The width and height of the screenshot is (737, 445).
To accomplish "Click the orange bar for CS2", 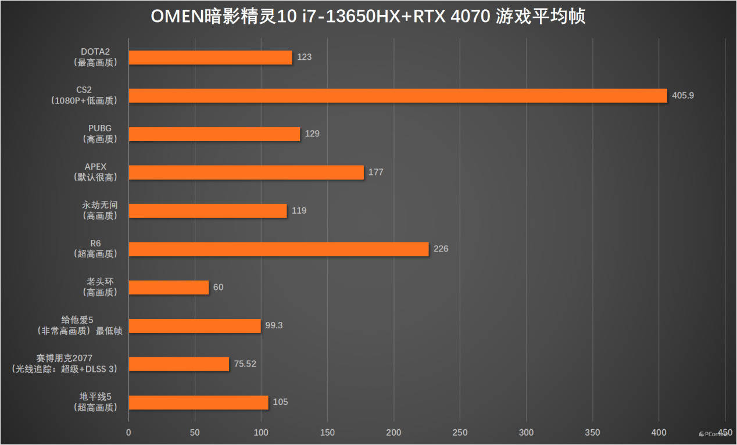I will tap(398, 96).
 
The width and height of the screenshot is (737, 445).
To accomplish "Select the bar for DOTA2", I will tap(210, 58).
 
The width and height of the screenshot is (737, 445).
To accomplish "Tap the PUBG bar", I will tap(214, 134).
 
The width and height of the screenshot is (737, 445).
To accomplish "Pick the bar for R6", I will tap(278, 249).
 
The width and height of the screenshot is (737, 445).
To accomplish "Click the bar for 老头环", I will tap(169, 288).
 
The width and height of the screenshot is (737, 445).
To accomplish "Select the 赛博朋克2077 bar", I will tap(178, 364).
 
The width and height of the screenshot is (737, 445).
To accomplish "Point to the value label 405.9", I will tap(682, 95).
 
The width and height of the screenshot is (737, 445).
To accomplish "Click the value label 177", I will tap(375, 173).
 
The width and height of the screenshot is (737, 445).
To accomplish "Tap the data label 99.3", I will tap(274, 325).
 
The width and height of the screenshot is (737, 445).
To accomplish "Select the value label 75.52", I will tap(245, 364).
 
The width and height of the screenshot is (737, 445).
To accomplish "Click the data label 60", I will tap(218, 288).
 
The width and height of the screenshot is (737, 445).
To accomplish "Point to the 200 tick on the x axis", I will tap(393, 432).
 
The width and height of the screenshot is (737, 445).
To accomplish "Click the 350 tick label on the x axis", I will tap(592, 432).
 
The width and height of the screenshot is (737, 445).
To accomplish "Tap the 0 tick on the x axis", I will tap(128, 432).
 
